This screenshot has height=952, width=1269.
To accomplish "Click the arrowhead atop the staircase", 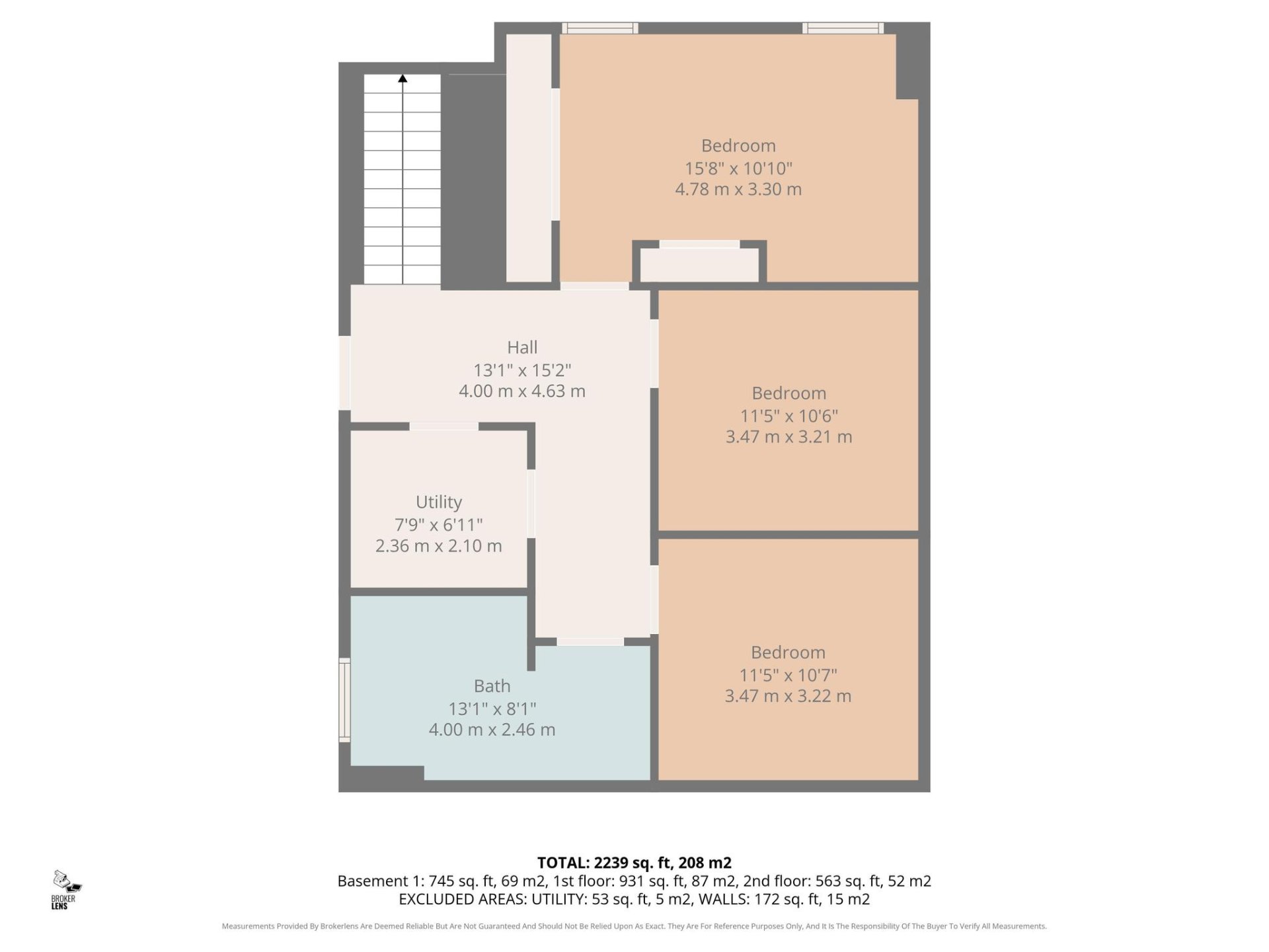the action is [403, 79].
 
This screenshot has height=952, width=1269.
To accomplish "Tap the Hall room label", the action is [522, 347].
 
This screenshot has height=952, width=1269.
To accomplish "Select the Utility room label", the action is [439, 502].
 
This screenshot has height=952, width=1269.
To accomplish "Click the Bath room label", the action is [492, 686].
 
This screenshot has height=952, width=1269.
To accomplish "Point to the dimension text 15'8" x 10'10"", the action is [738, 168].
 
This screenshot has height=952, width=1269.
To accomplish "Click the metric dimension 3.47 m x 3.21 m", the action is [788, 436].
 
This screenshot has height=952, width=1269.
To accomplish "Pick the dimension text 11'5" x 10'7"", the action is [788, 675].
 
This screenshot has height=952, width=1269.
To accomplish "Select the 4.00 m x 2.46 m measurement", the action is [492, 729].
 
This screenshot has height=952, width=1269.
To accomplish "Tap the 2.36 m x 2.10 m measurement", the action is [439, 545].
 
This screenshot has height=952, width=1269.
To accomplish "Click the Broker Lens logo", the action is [66, 889].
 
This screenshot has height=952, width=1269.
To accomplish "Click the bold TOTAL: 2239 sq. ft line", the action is [634, 863].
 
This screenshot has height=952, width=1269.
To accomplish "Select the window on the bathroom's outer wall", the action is [344, 699].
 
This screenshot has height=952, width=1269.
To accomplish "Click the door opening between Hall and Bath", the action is [590, 641].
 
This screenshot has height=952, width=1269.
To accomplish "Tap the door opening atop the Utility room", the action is [443, 426].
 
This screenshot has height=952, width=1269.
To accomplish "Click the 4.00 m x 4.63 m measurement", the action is [522, 391].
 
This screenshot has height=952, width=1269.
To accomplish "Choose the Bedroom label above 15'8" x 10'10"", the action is [738, 145].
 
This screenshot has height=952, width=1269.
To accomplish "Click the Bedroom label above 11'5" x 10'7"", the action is [788, 653].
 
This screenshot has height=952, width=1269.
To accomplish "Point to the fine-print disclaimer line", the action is [634, 926].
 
